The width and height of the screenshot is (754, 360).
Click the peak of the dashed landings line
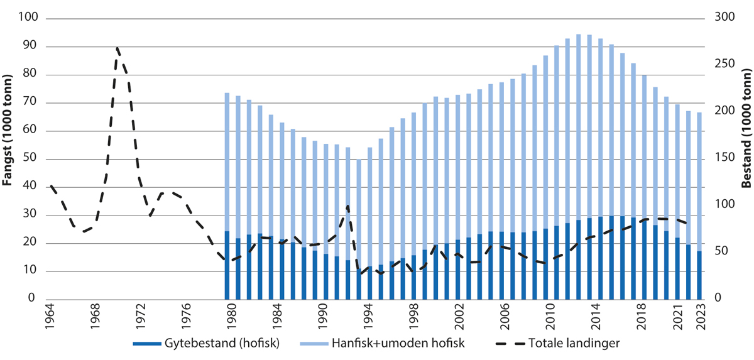pyautogui.click(x=117, y=48)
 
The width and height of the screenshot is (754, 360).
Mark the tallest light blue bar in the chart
pyautogui.click(x=579, y=126)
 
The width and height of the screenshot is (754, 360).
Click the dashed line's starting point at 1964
pyautogui.click(x=51, y=186)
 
